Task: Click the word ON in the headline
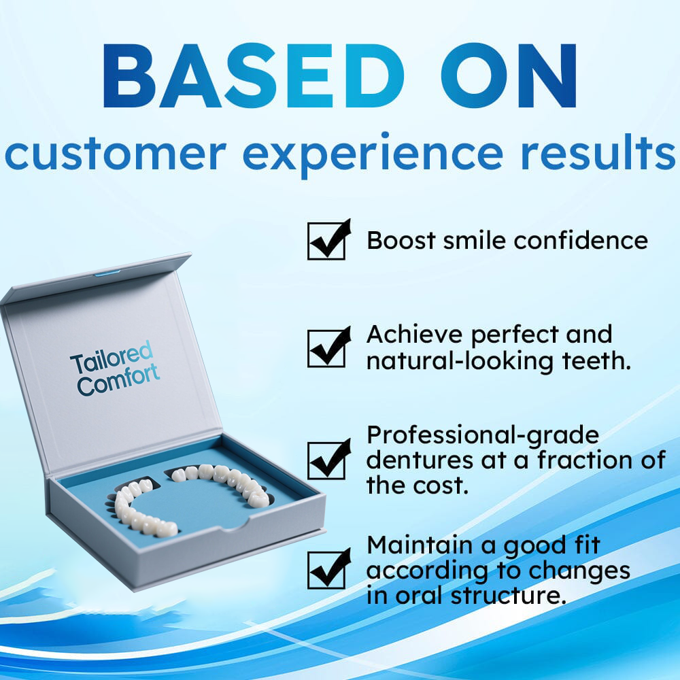(x=509, y=76)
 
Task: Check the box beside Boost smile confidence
(x=326, y=241)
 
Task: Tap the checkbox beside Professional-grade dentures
(x=326, y=460)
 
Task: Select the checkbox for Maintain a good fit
(x=326, y=570)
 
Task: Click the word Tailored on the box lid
(x=112, y=358)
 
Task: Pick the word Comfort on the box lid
(x=118, y=380)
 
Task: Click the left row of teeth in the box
(x=139, y=508)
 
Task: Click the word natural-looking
(x=460, y=361)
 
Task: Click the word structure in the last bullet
(x=508, y=596)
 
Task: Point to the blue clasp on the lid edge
(x=107, y=273)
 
